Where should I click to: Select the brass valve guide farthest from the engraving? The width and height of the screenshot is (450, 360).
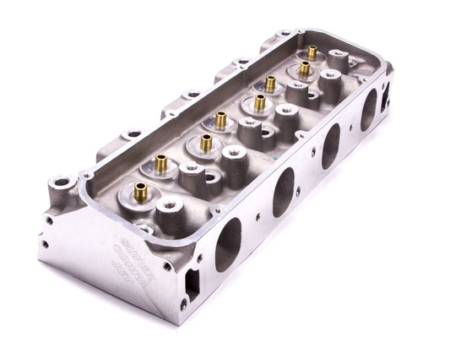(312, 52)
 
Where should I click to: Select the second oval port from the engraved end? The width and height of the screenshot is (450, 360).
(284, 192)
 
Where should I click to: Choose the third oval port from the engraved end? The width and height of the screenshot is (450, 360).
(330, 146)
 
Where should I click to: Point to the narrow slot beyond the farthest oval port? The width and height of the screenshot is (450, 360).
(388, 101)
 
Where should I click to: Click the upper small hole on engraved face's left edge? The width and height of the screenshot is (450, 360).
(48, 220)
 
